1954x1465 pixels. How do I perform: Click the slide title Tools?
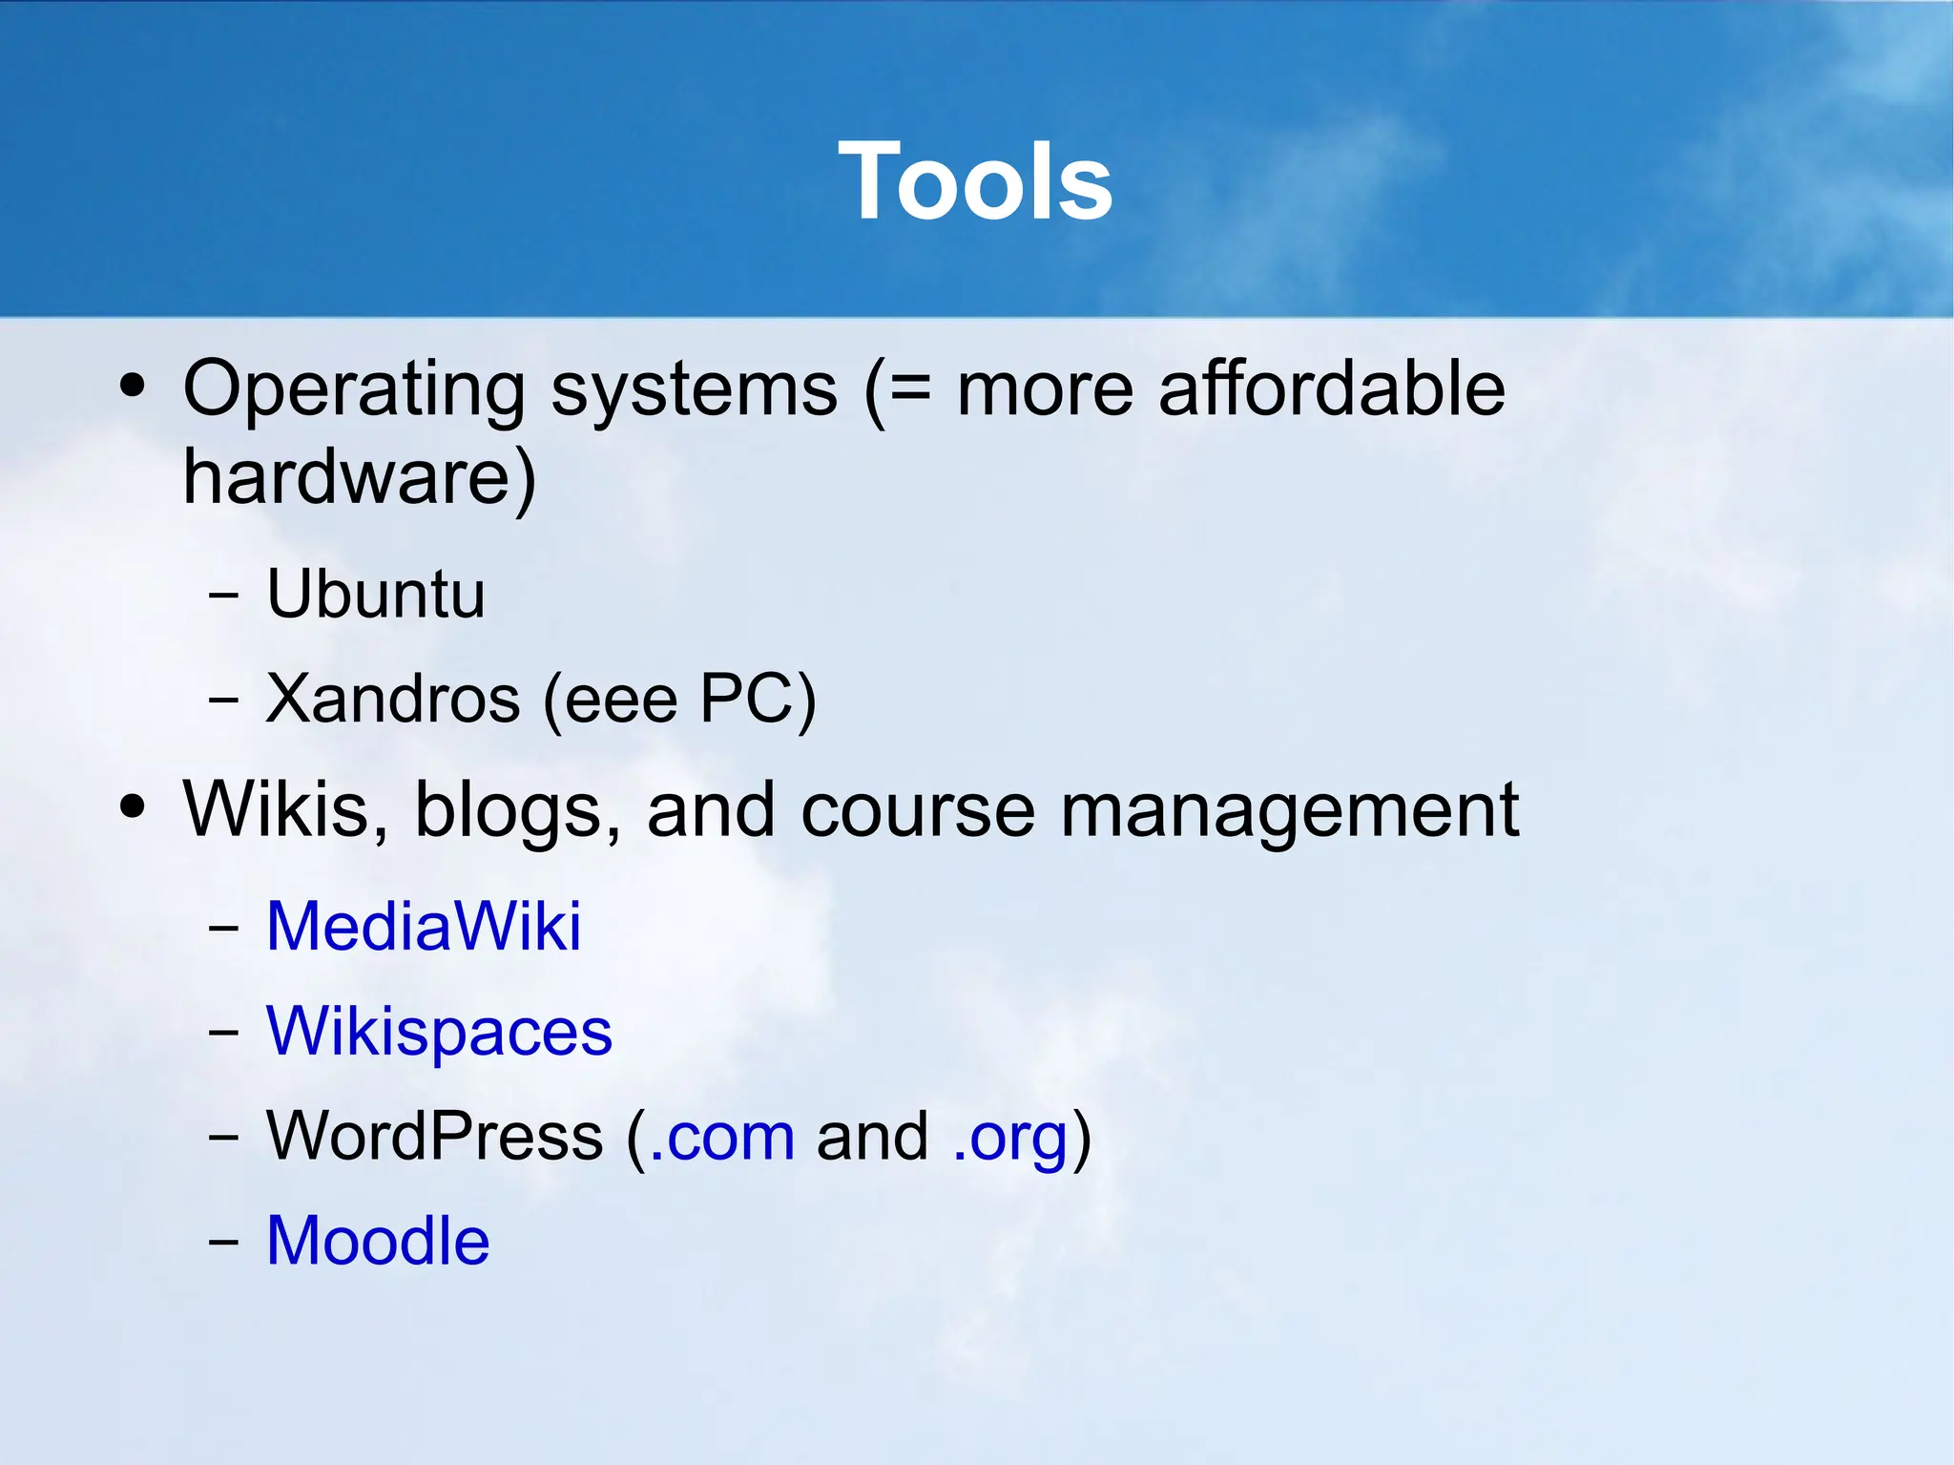[975, 181]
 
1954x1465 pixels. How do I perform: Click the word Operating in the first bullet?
[353, 389]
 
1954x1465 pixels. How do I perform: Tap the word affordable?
[1331, 389]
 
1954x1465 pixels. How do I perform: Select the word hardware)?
[359, 477]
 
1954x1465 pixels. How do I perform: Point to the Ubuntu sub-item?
[376, 594]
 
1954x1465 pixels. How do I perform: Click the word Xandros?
[392, 699]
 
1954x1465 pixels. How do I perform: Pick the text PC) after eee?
[758, 699]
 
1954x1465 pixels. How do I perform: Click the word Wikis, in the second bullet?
[285, 810]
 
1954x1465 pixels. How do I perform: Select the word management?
[1289, 810]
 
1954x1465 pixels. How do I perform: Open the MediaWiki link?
[424, 926]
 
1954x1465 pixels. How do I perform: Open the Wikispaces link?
[439, 1031]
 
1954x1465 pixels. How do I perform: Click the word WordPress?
[434, 1136]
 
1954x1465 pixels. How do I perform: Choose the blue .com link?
[721, 1136]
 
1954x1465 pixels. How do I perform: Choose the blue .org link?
[1010, 1136]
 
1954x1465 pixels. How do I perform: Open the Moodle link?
[378, 1241]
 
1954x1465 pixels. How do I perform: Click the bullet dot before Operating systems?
[133, 387]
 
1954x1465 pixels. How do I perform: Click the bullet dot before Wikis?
[133, 806]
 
